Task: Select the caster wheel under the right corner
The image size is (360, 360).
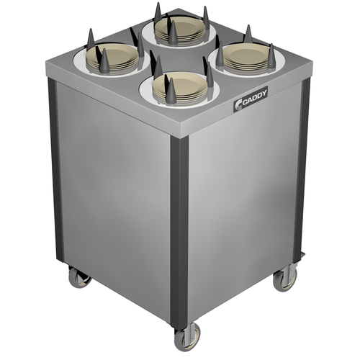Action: point(287,277)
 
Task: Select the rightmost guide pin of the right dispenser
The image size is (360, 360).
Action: point(271,58)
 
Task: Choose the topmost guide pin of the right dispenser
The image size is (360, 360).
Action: point(248,34)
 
